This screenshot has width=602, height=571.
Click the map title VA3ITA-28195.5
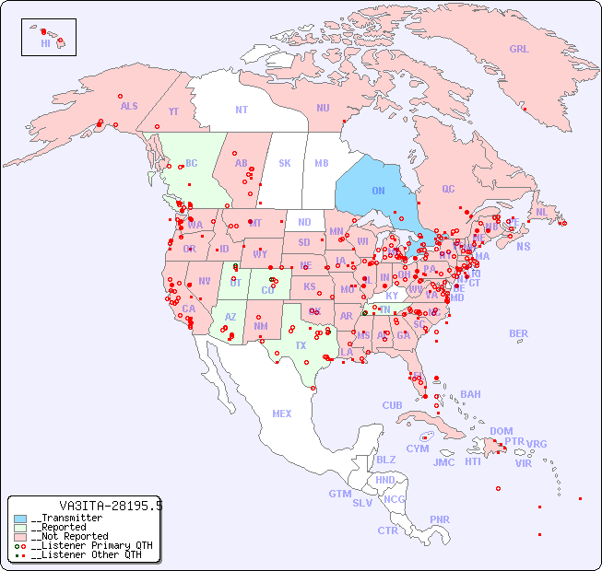111,506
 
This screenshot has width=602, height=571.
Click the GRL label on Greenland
519,50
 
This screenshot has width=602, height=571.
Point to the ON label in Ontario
378,191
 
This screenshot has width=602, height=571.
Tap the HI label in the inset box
45,43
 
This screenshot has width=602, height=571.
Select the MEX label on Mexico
281,414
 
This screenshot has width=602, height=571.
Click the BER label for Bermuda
518,333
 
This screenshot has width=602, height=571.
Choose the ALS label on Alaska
129,106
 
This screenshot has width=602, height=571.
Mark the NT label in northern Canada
241,110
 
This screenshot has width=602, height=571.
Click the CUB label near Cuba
392,405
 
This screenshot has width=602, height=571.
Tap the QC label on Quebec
448,189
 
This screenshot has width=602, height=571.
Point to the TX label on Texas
301,345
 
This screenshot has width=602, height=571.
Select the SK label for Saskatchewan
285,163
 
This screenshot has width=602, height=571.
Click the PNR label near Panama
440,519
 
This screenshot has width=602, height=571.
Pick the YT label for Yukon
173,111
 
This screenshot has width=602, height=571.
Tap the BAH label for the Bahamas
470,394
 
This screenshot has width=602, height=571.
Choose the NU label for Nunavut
323,108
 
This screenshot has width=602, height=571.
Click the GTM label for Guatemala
339,494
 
